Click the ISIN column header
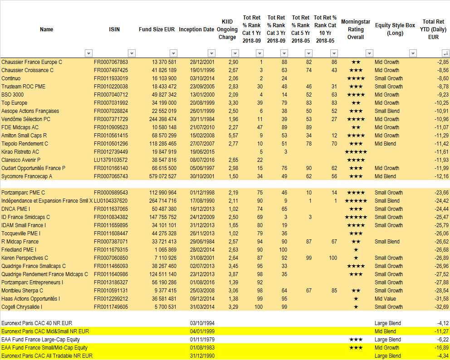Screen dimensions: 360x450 114,29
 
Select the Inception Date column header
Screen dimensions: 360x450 196,29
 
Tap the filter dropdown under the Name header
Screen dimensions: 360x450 88,53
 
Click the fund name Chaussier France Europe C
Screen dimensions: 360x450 32,62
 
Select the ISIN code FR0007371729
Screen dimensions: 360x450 111,119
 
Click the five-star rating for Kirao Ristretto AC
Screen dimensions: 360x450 356,152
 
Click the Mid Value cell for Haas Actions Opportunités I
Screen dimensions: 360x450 385,299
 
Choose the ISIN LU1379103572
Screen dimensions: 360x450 111,160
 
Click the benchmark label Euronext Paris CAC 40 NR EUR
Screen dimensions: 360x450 36,323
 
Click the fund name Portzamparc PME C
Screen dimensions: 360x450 23,193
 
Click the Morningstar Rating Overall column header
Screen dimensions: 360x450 355,29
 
